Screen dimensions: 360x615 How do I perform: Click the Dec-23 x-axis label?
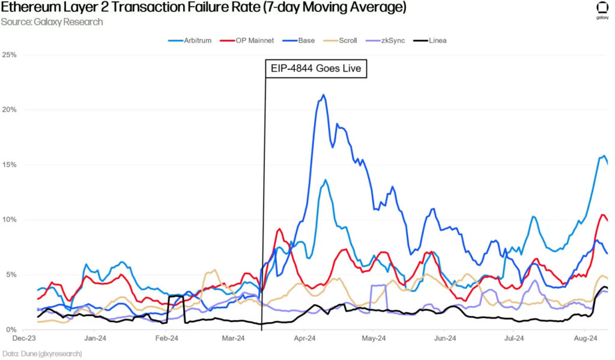point(32,339)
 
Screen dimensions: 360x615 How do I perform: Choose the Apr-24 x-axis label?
point(304,339)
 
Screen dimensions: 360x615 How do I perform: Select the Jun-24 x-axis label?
point(443,339)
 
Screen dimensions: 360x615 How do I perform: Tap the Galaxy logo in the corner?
point(601,11)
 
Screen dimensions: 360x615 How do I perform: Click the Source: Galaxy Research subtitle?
point(52,22)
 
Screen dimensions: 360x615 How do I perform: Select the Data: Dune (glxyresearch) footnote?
point(41,354)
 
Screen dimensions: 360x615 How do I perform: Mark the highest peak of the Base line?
point(324,95)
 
